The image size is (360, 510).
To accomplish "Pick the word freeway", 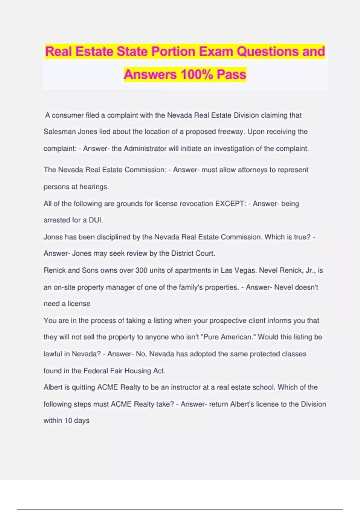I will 231,132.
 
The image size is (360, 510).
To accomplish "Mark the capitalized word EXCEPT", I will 230,204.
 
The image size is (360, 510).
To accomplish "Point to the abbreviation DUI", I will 96,220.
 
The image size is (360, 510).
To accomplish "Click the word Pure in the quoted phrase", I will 211,337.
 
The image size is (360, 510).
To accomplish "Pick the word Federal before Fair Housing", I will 96,371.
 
